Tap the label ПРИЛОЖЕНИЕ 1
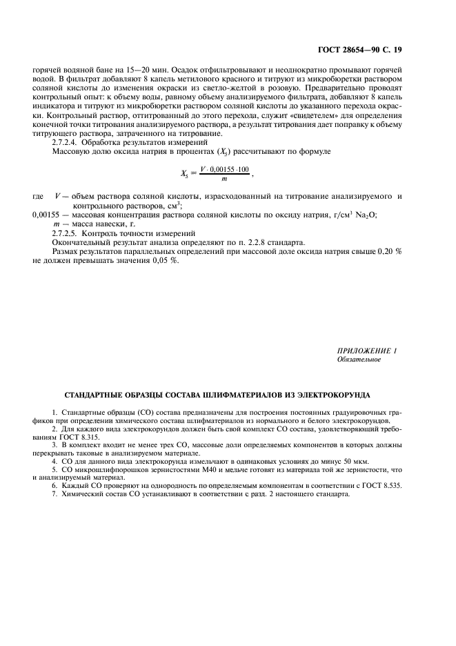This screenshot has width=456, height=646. coord(366,351)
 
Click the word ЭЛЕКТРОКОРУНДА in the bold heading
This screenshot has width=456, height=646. coord(333,395)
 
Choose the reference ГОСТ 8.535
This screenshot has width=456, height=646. coord(382,486)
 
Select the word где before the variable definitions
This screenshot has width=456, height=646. coord(39,197)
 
